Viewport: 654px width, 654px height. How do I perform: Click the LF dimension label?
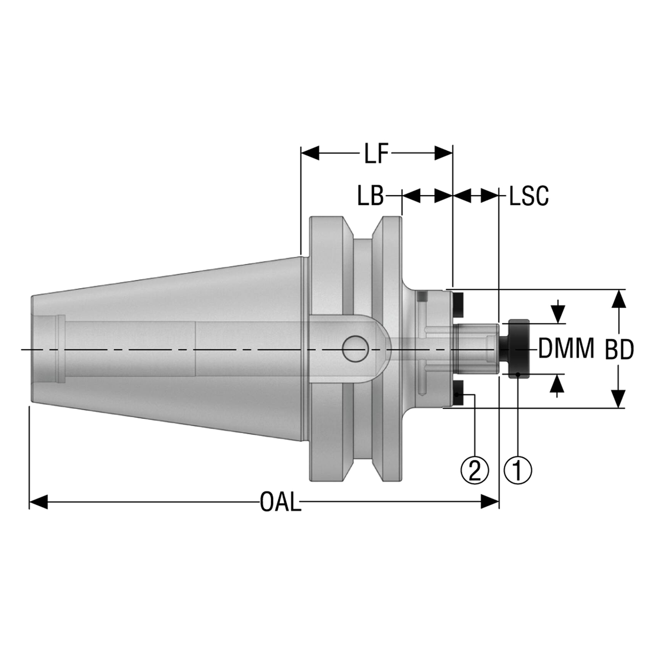tap(377, 153)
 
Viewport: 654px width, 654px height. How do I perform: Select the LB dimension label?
tap(370, 196)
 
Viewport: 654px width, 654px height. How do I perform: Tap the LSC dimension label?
tap(529, 196)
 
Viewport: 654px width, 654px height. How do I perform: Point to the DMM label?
tap(567, 349)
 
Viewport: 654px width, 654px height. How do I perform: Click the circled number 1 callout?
tap(518, 470)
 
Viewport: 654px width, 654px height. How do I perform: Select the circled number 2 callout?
tap(475, 470)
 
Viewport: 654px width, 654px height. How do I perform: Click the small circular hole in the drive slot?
tap(356, 349)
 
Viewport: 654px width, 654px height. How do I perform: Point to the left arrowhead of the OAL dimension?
tap(39, 502)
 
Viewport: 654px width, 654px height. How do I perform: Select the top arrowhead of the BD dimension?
tap(619, 298)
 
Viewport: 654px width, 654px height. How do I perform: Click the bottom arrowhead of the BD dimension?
tap(619, 399)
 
